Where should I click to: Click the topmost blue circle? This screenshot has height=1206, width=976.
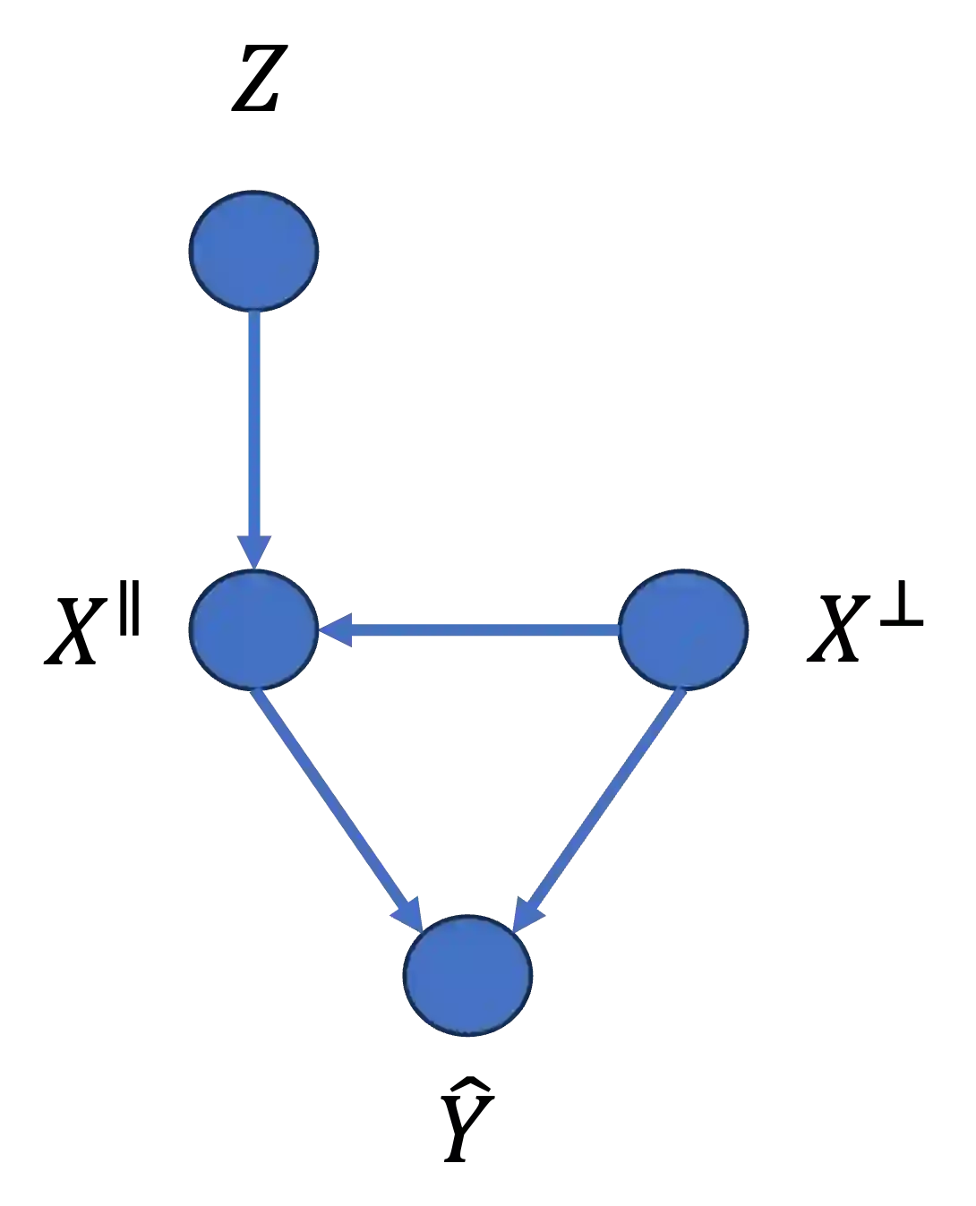pyautogui.click(x=253, y=250)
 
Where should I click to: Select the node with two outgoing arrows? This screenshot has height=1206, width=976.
pyautogui.click(x=682, y=629)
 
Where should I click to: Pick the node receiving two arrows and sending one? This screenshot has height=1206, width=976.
pyautogui.click(x=253, y=630)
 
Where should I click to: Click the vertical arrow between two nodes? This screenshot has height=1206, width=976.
pyautogui.click(x=255, y=439)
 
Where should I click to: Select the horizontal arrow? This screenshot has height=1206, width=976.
pyautogui.click(x=470, y=630)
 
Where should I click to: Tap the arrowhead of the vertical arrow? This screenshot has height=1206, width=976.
pyautogui.click(x=255, y=550)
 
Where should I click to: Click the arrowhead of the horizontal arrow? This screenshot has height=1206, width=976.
pyautogui.click(x=337, y=630)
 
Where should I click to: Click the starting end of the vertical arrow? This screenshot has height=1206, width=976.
pyautogui.click(x=255, y=315)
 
